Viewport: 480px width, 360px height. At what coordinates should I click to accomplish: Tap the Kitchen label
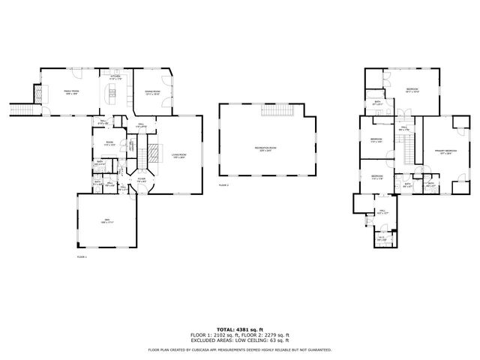115,77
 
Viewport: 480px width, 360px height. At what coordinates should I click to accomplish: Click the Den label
106,221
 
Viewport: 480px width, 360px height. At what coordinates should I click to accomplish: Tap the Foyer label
142,180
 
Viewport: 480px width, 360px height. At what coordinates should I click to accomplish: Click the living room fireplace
153,154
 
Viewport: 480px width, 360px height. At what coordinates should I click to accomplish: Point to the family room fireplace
34,95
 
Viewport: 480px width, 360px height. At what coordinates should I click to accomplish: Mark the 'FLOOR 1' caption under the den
82,257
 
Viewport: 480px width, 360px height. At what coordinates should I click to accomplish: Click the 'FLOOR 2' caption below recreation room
223,184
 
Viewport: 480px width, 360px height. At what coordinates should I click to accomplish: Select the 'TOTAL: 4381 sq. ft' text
239,329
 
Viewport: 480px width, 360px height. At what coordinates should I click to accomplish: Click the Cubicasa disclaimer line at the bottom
239,349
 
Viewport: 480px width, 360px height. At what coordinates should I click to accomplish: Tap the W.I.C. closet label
381,238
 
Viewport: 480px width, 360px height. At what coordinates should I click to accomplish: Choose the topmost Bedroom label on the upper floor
412,89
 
